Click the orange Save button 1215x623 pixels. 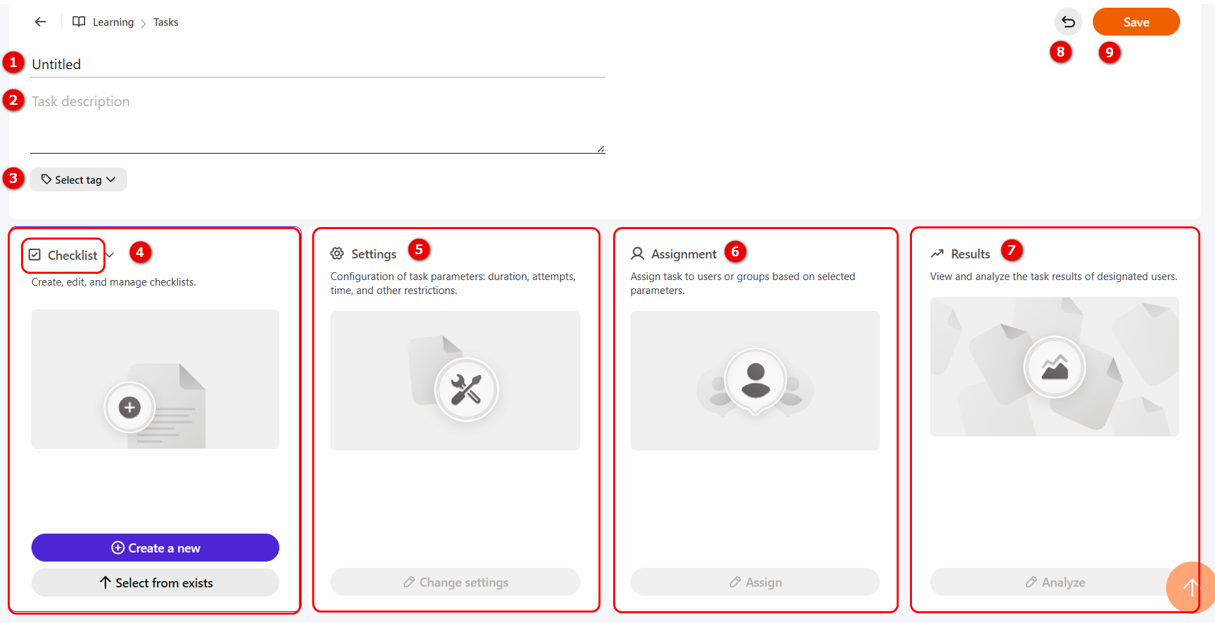pos(1136,22)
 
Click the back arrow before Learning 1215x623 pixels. pos(40,22)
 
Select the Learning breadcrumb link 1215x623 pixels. pos(113,22)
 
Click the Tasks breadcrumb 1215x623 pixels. pos(165,22)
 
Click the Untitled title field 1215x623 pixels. pos(318,64)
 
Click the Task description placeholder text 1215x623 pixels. pos(81,101)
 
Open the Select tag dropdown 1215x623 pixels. pos(78,179)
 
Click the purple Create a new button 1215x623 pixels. pos(155,548)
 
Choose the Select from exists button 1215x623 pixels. pos(155,582)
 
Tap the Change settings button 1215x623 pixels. pos(455,582)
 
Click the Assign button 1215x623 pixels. pos(755,582)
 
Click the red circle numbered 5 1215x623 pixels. pos(419,249)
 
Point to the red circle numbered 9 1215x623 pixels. pos(1110,52)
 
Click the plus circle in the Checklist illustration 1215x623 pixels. pos(129,407)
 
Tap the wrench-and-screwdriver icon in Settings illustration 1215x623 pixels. pos(466,390)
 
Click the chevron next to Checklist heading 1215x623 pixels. pos(110,255)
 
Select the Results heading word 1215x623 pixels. pos(971,254)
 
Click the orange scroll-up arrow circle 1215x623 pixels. pos(1191,587)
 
